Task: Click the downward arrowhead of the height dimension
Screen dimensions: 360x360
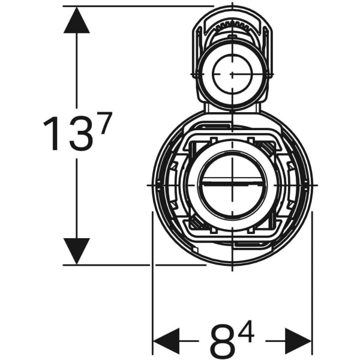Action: pos(76,250)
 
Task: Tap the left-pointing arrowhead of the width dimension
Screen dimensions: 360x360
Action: pos(167,341)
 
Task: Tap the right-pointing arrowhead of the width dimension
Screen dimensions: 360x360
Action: pos(298,341)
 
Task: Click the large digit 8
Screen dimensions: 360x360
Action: pos(223,341)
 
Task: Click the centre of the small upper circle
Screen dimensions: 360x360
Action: pos(232,73)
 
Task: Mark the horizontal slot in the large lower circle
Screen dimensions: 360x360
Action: pos(231,185)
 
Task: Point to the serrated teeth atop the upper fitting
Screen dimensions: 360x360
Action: pos(232,26)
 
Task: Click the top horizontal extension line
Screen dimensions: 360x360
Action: pos(138,6)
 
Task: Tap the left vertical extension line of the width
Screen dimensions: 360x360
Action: pos(153,300)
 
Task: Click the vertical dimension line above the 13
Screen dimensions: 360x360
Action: pos(76,72)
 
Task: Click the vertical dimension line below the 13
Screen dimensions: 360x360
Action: pos(76,198)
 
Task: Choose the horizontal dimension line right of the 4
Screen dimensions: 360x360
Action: pos(273,341)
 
